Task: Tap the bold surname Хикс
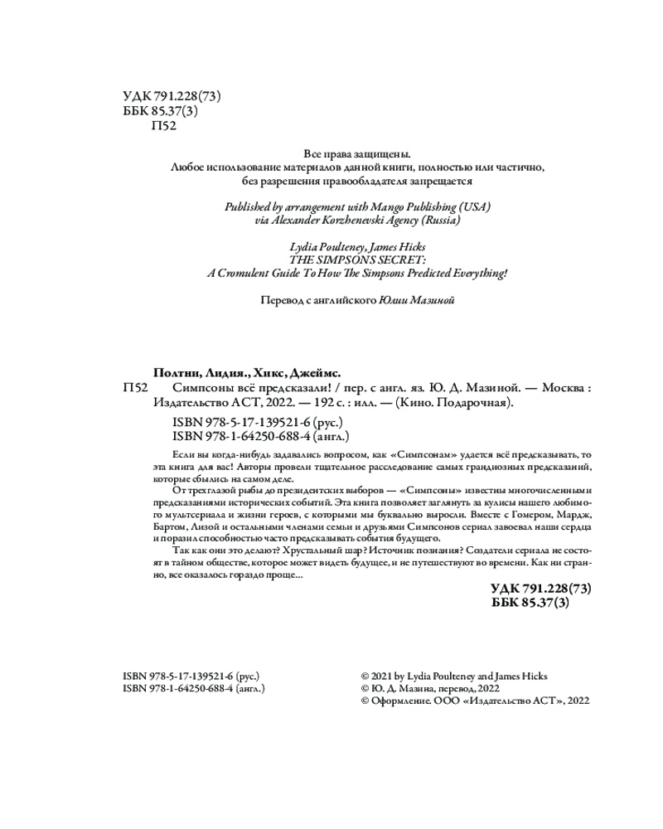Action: click(x=270, y=373)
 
